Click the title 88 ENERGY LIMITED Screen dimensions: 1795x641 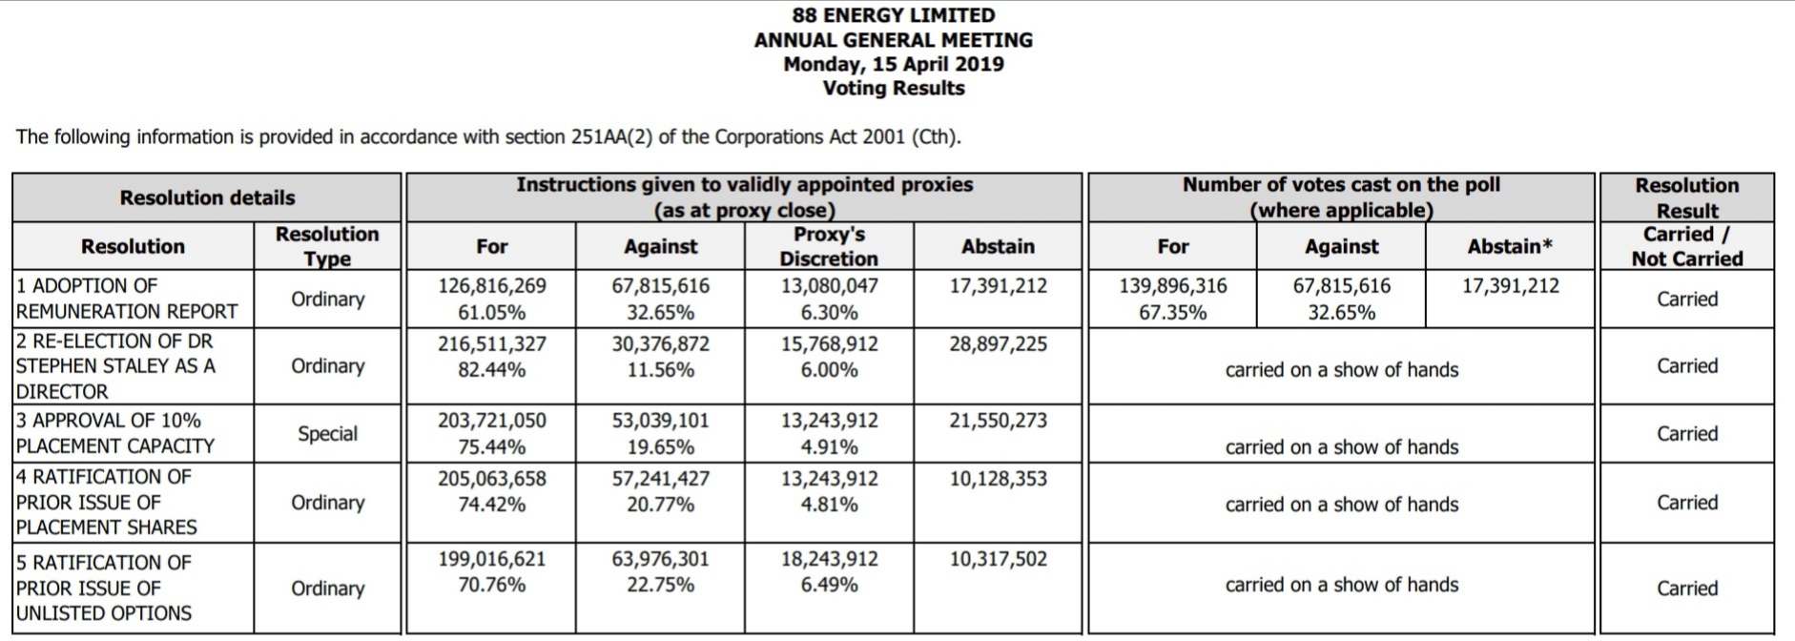[894, 15]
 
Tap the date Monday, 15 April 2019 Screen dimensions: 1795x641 [894, 64]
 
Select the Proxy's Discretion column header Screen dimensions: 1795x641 [829, 246]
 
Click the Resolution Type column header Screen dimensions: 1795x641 [327, 246]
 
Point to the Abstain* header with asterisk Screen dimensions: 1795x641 [1510, 246]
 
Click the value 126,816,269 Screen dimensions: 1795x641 [492, 286]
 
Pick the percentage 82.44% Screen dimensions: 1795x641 [492, 370]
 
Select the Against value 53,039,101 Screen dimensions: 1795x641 [661, 421]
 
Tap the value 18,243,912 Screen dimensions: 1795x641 [830, 559]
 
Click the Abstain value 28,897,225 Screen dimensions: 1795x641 [998, 344]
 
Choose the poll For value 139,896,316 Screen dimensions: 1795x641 [1173, 286]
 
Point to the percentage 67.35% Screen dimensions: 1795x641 [1173, 313]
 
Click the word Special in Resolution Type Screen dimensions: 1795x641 [327, 434]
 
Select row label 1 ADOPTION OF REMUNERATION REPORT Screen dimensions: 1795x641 [127, 299]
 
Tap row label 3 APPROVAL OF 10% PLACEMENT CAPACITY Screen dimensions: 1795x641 [115, 433]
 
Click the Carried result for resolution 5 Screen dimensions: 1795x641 [1687, 589]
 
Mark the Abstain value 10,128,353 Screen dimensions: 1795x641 [998, 479]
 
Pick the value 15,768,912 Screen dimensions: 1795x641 [830, 344]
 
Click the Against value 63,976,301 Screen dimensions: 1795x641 [661, 559]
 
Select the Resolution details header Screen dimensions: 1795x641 [207, 197]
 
